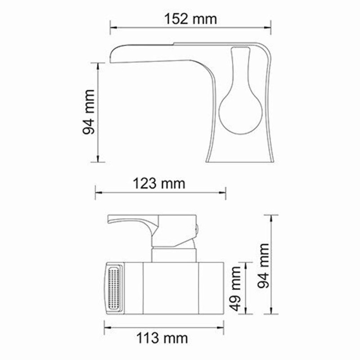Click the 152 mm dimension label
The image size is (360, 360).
click(x=190, y=19)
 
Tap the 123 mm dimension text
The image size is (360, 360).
click(x=159, y=184)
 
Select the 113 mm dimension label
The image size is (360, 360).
click(x=162, y=338)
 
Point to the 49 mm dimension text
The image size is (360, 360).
click(x=235, y=288)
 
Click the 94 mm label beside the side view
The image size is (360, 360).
click(x=88, y=112)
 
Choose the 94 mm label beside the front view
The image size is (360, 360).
click(x=263, y=265)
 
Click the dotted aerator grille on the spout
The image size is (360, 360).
click(x=114, y=288)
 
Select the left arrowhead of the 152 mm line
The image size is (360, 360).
click(x=113, y=27)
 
